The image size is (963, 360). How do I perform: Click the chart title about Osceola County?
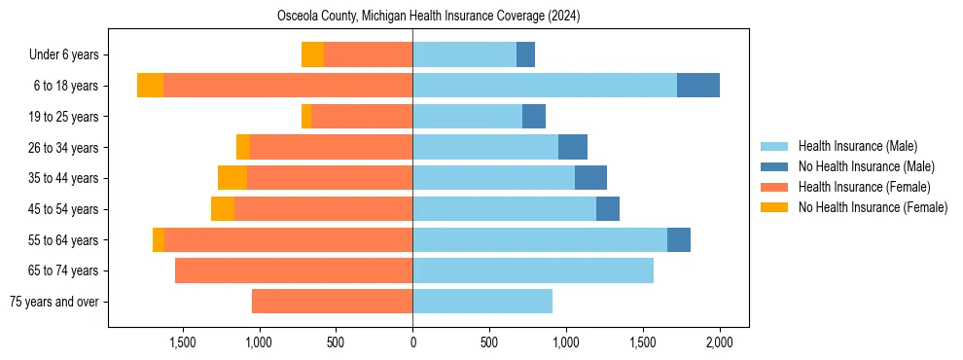[428, 16]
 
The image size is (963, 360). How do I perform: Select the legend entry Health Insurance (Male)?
[857, 146]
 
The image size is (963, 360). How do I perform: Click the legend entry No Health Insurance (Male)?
[866, 166]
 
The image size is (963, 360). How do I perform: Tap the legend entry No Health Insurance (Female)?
[873, 207]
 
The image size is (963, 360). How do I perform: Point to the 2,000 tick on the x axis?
[719, 342]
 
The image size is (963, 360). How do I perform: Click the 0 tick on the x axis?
[412, 342]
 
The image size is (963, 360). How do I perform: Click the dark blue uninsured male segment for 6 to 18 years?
[697, 86]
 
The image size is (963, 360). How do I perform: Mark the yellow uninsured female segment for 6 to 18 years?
[150, 86]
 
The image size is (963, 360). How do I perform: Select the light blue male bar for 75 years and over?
[482, 302]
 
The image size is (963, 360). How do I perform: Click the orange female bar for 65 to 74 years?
[294, 270]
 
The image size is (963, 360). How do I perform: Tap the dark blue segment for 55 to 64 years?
[678, 239]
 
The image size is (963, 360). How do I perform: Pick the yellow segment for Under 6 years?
[312, 54]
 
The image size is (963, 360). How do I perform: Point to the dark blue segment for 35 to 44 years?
[590, 178]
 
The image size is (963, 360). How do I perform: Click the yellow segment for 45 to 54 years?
[223, 209]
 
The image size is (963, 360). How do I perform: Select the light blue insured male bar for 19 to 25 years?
[467, 117]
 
